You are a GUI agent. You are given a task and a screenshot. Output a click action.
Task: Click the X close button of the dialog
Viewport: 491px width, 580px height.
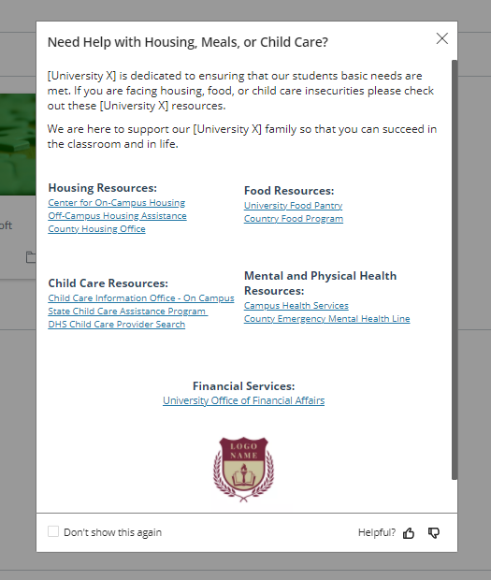click(x=442, y=38)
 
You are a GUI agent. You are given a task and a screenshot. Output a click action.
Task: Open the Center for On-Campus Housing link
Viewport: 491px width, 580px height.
click(x=117, y=203)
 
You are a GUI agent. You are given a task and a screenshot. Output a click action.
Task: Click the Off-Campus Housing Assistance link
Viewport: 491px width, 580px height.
click(x=118, y=216)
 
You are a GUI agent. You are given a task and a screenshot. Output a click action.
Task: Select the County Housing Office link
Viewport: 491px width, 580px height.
click(x=97, y=229)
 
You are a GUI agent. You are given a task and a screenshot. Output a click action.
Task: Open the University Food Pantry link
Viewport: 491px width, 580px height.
click(x=293, y=206)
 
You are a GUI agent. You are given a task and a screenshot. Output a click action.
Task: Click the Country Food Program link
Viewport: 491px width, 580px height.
click(x=294, y=219)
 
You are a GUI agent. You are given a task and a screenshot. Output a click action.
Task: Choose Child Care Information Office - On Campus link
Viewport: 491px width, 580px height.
click(x=141, y=298)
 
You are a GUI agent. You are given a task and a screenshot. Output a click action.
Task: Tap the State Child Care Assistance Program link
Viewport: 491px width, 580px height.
click(x=127, y=312)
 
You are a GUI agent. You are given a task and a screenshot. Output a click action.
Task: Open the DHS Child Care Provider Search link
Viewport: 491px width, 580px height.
click(x=117, y=325)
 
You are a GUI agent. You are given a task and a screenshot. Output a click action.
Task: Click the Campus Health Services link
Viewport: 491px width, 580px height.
click(x=296, y=306)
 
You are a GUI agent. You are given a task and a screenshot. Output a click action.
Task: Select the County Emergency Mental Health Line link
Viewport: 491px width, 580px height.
click(x=326, y=319)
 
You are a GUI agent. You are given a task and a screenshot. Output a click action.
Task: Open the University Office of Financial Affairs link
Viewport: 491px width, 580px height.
click(x=244, y=400)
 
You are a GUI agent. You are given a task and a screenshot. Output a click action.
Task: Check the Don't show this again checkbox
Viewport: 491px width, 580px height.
click(x=53, y=531)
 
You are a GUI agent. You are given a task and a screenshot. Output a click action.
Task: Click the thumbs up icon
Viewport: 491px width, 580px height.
click(x=409, y=533)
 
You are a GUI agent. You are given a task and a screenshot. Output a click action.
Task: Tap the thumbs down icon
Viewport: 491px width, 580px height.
click(x=433, y=533)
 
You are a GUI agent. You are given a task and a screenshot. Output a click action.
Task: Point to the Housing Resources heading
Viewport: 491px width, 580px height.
click(x=103, y=188)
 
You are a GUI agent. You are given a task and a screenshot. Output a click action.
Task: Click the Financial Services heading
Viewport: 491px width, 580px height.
click(x=244, y=386)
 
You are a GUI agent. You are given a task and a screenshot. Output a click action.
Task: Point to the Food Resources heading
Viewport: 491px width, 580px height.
click(x=289, y=191)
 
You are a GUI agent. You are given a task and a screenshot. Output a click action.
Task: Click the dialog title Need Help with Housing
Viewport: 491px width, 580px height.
click(x=188, y=42)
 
